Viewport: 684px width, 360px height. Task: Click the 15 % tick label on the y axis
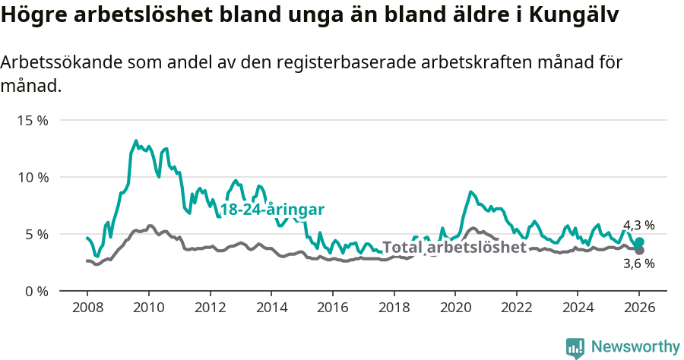33,120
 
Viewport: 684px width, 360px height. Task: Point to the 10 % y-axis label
33,177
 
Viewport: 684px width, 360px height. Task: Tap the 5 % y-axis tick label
36,234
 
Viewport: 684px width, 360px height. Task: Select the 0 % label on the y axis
36,291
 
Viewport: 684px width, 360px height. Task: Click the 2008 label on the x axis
87,308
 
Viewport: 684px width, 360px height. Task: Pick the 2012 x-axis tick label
210,308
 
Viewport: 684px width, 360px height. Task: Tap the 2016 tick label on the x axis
332,308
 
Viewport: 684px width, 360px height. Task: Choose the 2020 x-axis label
455,308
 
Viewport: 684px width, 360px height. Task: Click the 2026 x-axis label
639,308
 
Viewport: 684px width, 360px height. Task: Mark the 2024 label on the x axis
578,308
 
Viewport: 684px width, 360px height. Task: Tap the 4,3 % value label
638,225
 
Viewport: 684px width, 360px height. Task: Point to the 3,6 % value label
638,264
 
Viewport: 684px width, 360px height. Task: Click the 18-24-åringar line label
272,210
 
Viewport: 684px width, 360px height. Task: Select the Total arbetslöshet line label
454,248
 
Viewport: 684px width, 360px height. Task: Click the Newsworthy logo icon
575,348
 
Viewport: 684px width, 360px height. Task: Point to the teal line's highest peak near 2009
136,141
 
